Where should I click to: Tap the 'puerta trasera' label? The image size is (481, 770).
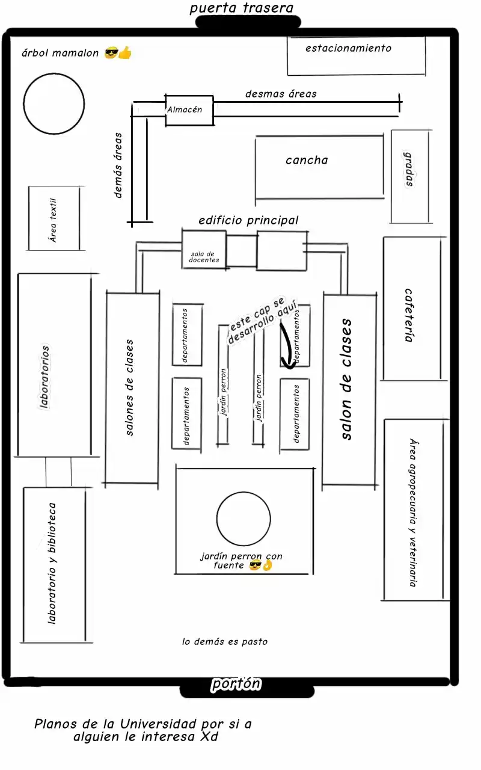pyautogui.click(x=242, y=8)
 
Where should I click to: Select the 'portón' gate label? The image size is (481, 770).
pyautogui.click(x=236, y=684)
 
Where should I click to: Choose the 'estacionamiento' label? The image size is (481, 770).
pyautogui.click(x=348, y=48)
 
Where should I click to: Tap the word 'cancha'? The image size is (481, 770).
pyautogui.click(x=307, y=160)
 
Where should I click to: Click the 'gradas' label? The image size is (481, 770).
pyautogui.click(x=409, y=169)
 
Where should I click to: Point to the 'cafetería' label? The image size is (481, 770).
pyautogui.click(x=408, y=315)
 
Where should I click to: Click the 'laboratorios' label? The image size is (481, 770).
pyautogui.click(x=44, y=377)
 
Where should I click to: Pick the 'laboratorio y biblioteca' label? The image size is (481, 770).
pyautogui.click(x=52, y=564)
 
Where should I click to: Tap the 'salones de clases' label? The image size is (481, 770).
pyautogui.click(x=129, y=387)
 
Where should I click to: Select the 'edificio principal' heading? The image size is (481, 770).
pyautogui.click(x=248, y=220)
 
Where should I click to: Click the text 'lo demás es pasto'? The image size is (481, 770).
pyautogui.click(x=225, y=641)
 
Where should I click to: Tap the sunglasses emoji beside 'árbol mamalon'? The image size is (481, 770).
pyautogui.click(x=111, y=53)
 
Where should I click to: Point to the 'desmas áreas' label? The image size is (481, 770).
pyautogui.click(x=281, y=94)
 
